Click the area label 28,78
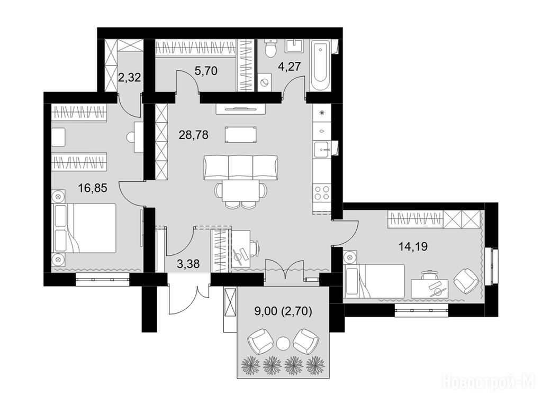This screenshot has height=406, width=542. tap(193, 135)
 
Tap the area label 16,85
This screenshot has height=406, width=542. tap(93, 188)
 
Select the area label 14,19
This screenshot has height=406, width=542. tap(413, 246)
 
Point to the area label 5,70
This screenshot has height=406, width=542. tap(206, 71)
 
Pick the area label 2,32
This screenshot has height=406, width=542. tap(129, 77)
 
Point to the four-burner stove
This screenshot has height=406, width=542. tap(321, 193)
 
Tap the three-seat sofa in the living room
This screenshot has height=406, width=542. tap(241, 168)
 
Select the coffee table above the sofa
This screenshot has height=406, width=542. tap(241, 135)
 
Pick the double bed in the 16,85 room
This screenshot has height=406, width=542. tap(84, 228)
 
